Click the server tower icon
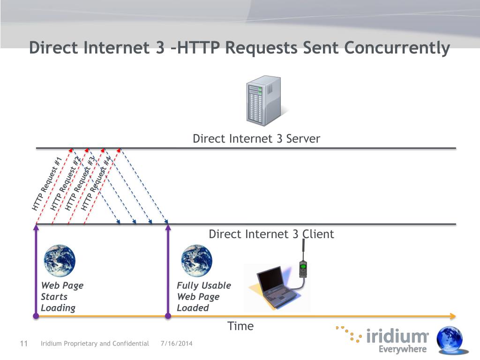(x=263, y=101)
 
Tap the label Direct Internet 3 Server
(x=256, y=139)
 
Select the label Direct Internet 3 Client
(x=271, y=234)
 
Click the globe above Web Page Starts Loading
(x=60, y=261)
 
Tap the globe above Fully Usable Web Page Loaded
(x=196, y=261)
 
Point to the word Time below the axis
(x=240, y=326)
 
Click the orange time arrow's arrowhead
(x=452, y=316)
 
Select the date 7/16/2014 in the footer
(x=176, y=344)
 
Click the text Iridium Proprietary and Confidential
(x=95, y=344)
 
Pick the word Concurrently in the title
(x=397, y=48)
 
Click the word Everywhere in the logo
(x=403, y=349)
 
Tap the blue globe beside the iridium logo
(x=450, y=340)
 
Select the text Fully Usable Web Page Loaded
(x=203, y=297)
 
